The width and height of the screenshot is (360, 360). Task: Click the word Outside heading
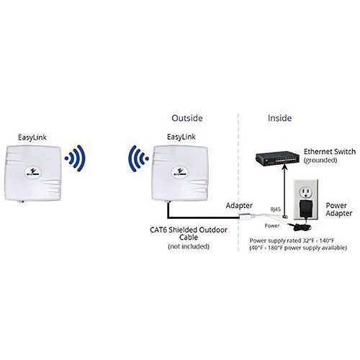coord(187,118)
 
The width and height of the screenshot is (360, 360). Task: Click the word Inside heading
coord(279,118)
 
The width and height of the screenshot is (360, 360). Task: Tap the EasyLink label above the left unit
coord(32,138)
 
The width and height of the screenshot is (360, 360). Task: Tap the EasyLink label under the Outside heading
coord(181,137)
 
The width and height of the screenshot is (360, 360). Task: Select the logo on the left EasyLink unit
coord(34,172)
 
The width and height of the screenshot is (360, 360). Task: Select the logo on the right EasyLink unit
coord(180,172)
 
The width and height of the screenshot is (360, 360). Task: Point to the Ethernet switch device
coord(277,158)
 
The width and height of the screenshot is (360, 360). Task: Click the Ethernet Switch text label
coord(330,152)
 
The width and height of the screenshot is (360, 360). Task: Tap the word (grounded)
coord(320,161)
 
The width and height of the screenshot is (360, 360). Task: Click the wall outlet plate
coord(306,199)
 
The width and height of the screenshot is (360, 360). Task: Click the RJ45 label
coord(276,210)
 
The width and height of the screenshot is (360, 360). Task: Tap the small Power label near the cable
coord(272,225)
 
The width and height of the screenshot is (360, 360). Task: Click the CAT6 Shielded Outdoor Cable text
coord(189,233)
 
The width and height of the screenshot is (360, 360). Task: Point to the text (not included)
coord(189,246)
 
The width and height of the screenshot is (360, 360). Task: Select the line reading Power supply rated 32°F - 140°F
coord(292,240)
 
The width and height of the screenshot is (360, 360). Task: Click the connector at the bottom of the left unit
coord(21,202)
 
